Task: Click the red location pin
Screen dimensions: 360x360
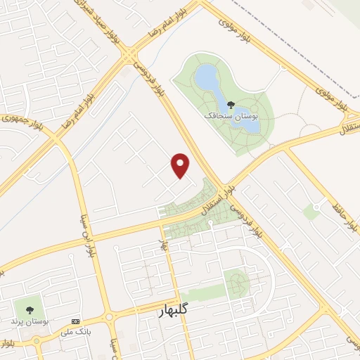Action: click(x=181, y=165)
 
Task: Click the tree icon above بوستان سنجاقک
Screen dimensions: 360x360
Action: click(x=231, y=105)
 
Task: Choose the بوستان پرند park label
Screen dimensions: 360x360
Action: click(x=29, y=321)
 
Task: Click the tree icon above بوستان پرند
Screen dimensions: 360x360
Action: click(x=29, y=309)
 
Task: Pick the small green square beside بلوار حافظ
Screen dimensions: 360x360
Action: click(x=310, y=212)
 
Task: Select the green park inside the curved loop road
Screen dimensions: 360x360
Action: click(x=238, y=283)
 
